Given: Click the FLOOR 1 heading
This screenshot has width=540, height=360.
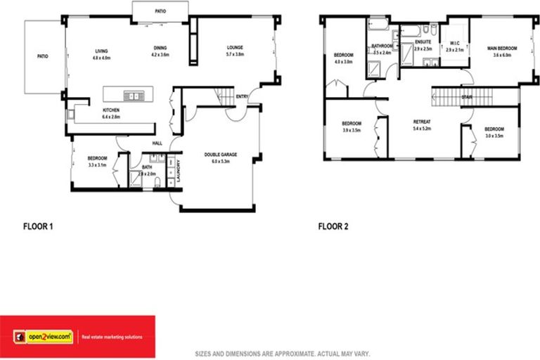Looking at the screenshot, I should click(38, 226).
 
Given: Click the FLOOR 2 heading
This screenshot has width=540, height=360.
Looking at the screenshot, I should click(333, 226).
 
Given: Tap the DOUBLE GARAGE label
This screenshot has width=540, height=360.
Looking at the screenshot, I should click(221, 155).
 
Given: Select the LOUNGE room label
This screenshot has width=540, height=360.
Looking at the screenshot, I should click(235, 48).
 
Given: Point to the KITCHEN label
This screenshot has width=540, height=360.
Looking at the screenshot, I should click(112, 110).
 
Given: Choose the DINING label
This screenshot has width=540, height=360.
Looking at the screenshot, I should click(161, 48).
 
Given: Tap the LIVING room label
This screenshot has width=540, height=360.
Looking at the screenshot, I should click(103, 51).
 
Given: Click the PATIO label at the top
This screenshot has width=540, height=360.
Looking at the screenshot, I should click(161, 11).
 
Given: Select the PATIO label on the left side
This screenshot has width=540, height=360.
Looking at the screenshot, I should click(44, 56).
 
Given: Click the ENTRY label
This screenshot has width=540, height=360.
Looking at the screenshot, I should click(242, 96).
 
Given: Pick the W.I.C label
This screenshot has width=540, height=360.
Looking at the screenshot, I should click(454, 44).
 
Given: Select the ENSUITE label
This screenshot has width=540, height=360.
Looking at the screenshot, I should click(423, 42).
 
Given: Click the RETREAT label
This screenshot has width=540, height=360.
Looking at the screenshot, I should click(422, 122).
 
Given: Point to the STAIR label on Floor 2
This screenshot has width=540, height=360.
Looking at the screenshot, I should click(467, 96).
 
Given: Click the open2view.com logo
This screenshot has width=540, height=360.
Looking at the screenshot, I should click(42, 337).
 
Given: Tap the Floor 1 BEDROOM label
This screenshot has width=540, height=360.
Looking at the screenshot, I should click(97, 158).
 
